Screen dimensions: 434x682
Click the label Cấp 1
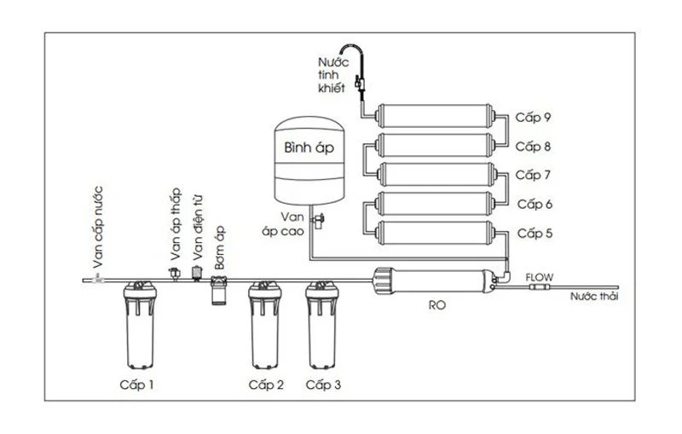tap(137, 385)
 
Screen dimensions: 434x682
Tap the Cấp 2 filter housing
tap(265, 328)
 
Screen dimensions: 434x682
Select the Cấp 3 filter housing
tap(324, 328)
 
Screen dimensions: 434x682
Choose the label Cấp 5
tap(535, 233)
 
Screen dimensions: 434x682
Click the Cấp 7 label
tap(535, 176)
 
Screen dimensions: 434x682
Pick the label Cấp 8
tap(535, 147)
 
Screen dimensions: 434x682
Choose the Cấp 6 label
tap(535, 205)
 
